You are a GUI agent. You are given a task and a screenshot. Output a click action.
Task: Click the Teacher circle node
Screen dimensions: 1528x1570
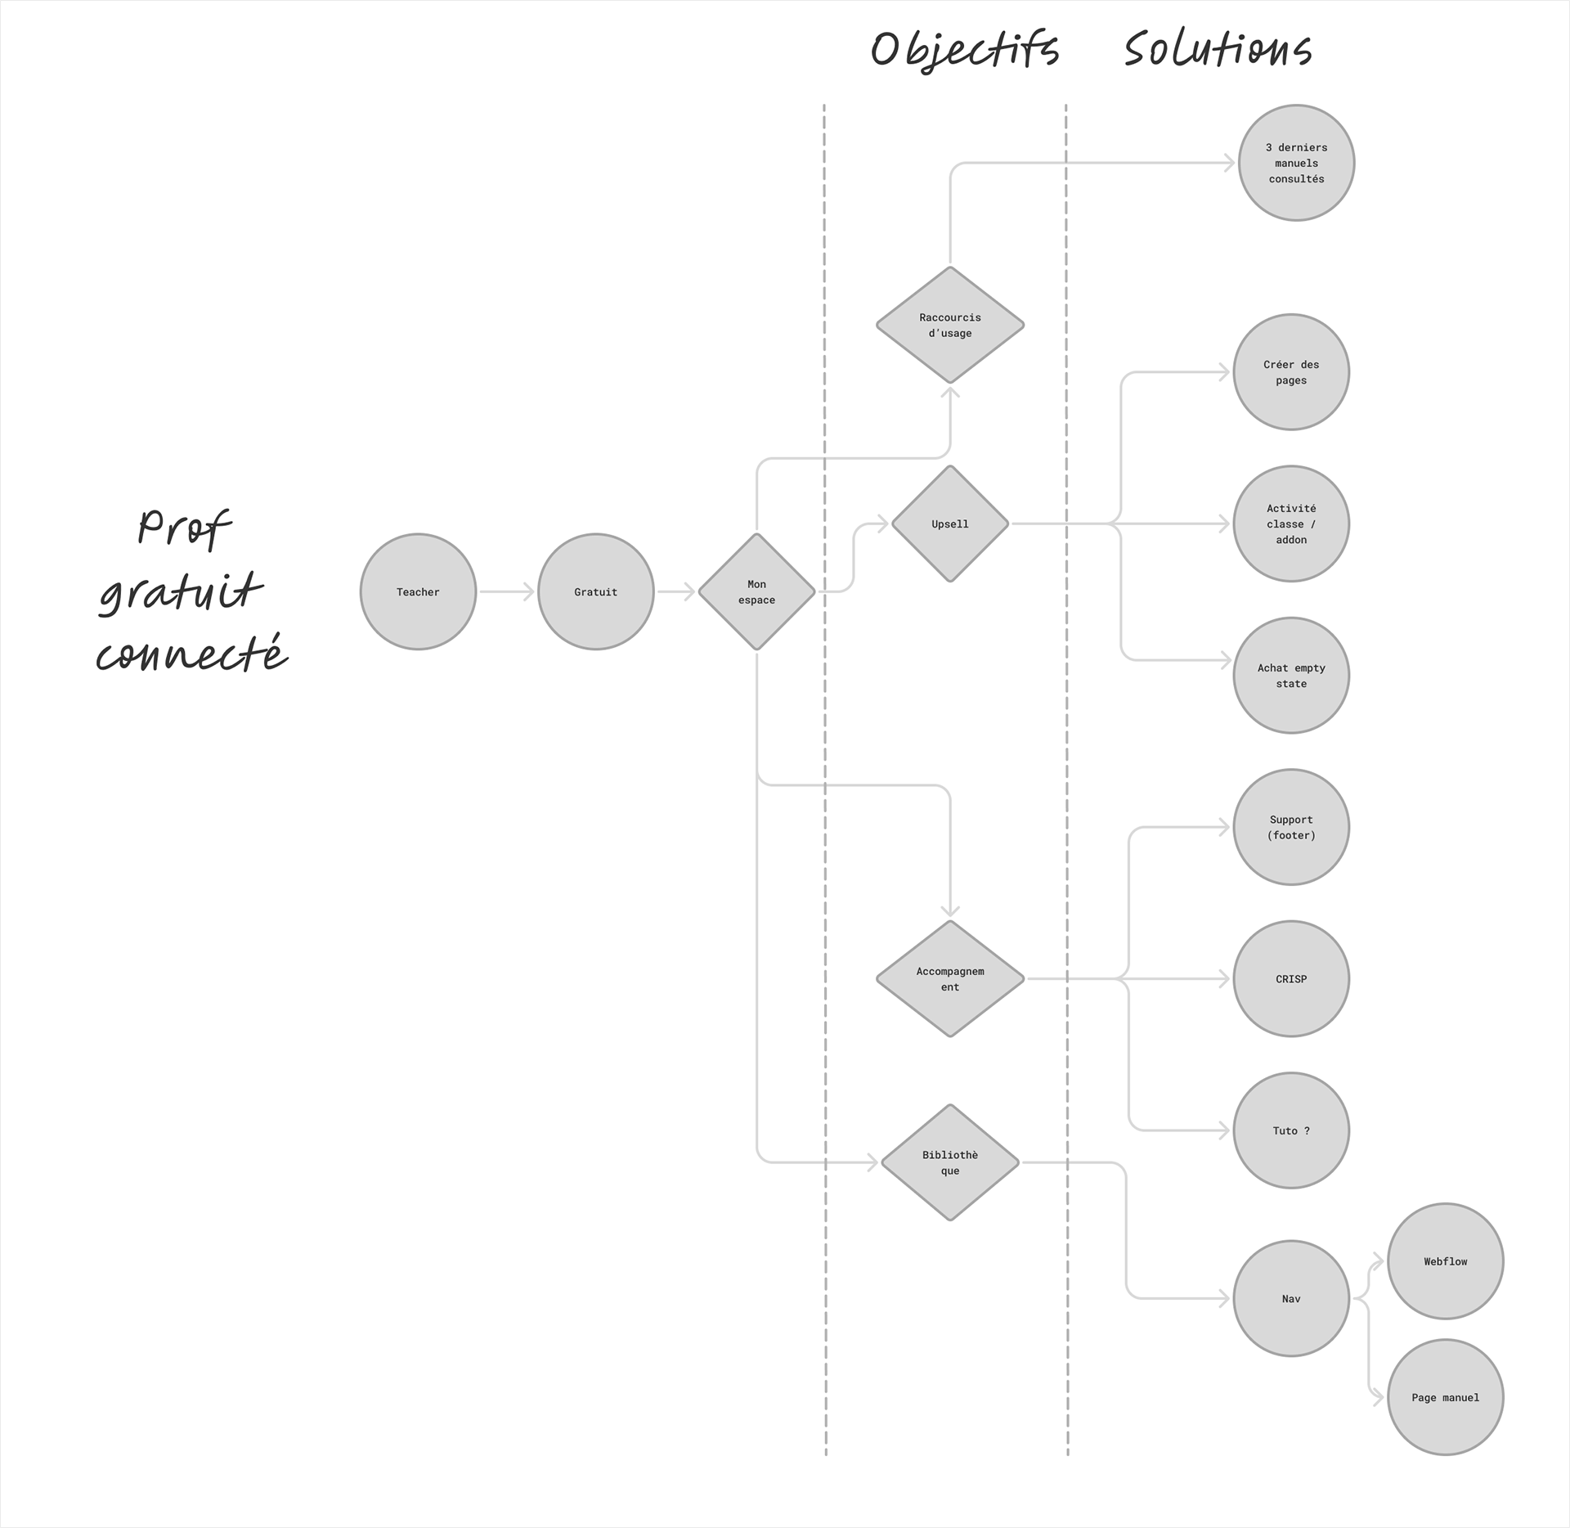[418, 591]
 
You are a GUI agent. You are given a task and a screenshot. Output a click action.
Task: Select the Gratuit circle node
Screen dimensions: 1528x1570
[595, 591]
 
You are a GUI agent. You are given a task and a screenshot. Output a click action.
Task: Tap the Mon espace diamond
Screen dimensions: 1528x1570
[756, 591]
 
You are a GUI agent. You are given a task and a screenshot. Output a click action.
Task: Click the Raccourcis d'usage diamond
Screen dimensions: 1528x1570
[949, 325]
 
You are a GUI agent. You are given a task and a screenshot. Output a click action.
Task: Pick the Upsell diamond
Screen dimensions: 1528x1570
[949, 524]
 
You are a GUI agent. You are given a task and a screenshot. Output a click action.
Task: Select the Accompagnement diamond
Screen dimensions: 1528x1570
[949, 978]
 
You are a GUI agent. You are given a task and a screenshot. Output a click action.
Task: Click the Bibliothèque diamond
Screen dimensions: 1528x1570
[949, 1162]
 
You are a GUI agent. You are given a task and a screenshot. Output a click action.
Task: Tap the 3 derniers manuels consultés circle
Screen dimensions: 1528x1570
[1296, 163]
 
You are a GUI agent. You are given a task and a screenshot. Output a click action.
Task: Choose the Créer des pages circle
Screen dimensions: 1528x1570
[1291, 372]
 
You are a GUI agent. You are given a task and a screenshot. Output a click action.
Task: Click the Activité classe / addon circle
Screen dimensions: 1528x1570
[1291, 524]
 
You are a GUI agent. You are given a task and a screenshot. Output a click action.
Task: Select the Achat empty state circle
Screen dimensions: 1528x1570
[1291, 676]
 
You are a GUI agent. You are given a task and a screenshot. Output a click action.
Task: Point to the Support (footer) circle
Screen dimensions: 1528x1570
[1291, 827]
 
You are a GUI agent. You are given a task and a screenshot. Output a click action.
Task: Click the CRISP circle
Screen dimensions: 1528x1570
[1291, 978]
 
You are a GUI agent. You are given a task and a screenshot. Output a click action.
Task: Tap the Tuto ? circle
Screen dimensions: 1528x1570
[1291, 1130]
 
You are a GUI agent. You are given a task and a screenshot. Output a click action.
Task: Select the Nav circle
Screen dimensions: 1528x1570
[1291, 1298]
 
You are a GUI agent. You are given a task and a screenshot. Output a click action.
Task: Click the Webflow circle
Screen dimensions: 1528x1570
[1445, 1261]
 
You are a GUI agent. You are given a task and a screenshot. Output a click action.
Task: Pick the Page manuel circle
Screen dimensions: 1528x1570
[1445, 1397]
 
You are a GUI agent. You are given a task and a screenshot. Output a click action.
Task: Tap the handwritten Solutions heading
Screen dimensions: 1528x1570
[1218, 49]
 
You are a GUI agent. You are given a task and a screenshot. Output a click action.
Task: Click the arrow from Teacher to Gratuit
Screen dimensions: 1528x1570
[506, 591]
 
